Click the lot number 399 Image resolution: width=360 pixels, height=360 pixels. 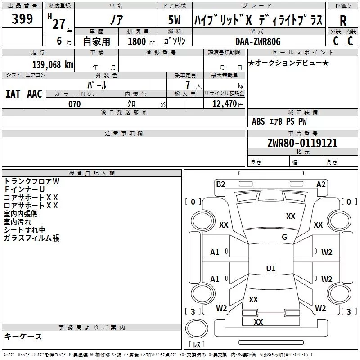pos(22,19)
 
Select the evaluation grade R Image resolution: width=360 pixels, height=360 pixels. pos(343,21)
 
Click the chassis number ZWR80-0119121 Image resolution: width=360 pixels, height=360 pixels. pos(302,144)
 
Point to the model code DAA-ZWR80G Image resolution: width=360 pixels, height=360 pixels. pos(258,41)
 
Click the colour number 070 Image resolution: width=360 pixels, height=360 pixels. pos(74,104)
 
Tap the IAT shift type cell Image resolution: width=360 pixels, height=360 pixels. pos(13,94)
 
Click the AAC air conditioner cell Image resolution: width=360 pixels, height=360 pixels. pos(35,94)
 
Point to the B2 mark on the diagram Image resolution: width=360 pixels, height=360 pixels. pos(220,184)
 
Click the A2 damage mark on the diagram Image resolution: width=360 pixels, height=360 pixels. pos(321,184)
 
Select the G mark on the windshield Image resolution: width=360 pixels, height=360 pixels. pos(284,237)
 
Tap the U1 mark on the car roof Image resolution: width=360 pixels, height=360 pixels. pos(271,269)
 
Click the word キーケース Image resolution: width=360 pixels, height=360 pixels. pos(23,337)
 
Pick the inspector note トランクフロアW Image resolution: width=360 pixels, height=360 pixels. pos(31,181)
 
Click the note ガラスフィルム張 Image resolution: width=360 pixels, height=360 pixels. pos(31,238)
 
